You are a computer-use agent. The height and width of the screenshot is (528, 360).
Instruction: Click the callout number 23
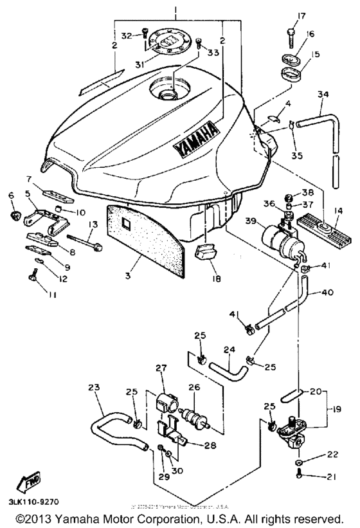click(94, 388)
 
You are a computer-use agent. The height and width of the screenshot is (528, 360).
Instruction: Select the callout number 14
click(338, 209)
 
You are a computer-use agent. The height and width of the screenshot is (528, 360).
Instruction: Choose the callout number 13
click(93, 224)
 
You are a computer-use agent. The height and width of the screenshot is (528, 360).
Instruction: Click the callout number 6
click(10, 195)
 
